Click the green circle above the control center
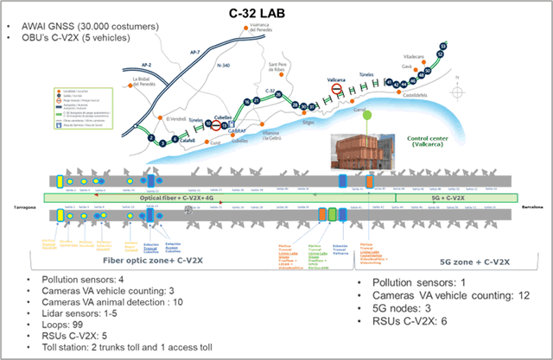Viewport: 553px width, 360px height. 368,115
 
